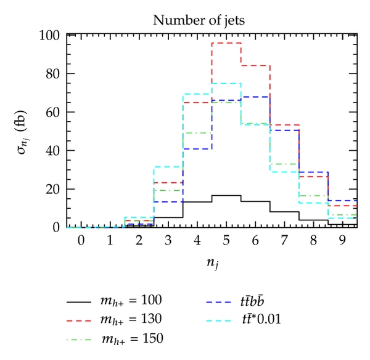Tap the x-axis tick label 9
click(343, 240)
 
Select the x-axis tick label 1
click(110, 240)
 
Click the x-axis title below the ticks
click(211, 264)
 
